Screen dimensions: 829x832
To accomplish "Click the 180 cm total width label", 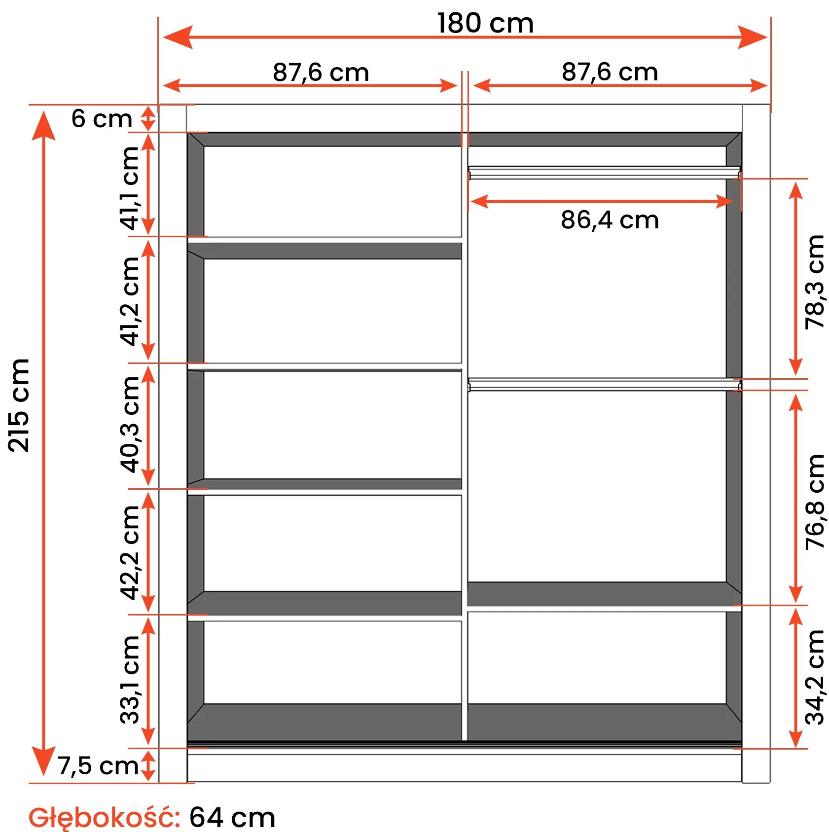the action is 485,23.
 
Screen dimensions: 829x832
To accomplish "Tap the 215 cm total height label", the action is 19,405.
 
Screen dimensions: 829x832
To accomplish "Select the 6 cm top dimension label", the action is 102,119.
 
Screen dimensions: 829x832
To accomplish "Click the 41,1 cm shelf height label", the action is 130,188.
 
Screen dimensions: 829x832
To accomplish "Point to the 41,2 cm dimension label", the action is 130,301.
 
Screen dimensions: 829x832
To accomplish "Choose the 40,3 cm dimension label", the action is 130,425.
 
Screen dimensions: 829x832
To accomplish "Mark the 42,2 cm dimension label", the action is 130,552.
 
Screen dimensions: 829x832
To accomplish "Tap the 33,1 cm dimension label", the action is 130,679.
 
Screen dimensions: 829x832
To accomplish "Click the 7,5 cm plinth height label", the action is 98,766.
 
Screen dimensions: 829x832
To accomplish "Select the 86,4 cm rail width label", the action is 610,220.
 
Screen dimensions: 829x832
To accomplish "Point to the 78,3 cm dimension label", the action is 815,282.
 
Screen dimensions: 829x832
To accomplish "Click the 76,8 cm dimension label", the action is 815,502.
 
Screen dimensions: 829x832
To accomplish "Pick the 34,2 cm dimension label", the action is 815,677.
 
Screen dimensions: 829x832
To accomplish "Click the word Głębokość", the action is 104,817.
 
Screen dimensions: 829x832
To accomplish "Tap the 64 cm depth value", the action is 232,817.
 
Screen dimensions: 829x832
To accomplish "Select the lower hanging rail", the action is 605,385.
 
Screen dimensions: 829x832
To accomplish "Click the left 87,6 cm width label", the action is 321,72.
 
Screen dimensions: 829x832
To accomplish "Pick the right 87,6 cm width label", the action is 610,72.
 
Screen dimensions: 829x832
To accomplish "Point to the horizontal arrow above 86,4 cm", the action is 602,201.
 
